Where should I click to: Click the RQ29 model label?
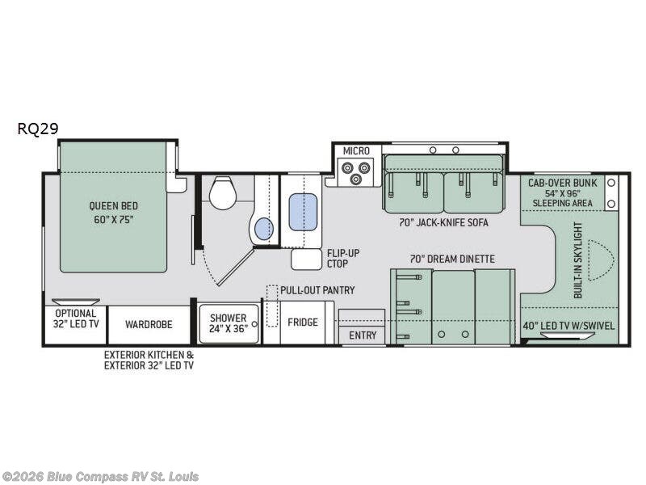click(x=38, y=129)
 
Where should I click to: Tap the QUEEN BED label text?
click(x=113, y=205)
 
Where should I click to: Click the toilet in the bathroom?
click(x=223, y=192)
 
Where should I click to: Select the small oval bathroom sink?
click(x=264, y=229)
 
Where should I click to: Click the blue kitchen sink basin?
click(x=303, y=212)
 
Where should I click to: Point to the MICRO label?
click(x=356, y=151)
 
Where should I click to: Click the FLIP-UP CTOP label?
click(x=343, y=258)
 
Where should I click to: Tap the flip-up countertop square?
click(x=306, y=259)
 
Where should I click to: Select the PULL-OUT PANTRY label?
click(x=317, y=290)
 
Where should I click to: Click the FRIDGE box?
click(x=303, y=322)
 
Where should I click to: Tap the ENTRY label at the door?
click(x=363, y=335)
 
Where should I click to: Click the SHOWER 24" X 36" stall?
click(x=229, y=323)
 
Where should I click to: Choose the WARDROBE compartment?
click(x=149, y=325)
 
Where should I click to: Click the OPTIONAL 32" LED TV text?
click(x=76, y=318)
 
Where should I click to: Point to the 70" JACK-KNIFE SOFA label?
click(x=443, y=223)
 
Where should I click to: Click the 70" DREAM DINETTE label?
click(x=452, y=259)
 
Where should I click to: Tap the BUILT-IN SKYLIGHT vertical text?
click(x=578, y=260)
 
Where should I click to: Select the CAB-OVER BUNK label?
click(x=562, y=183)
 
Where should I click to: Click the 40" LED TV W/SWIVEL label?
click(x=568, y=326)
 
